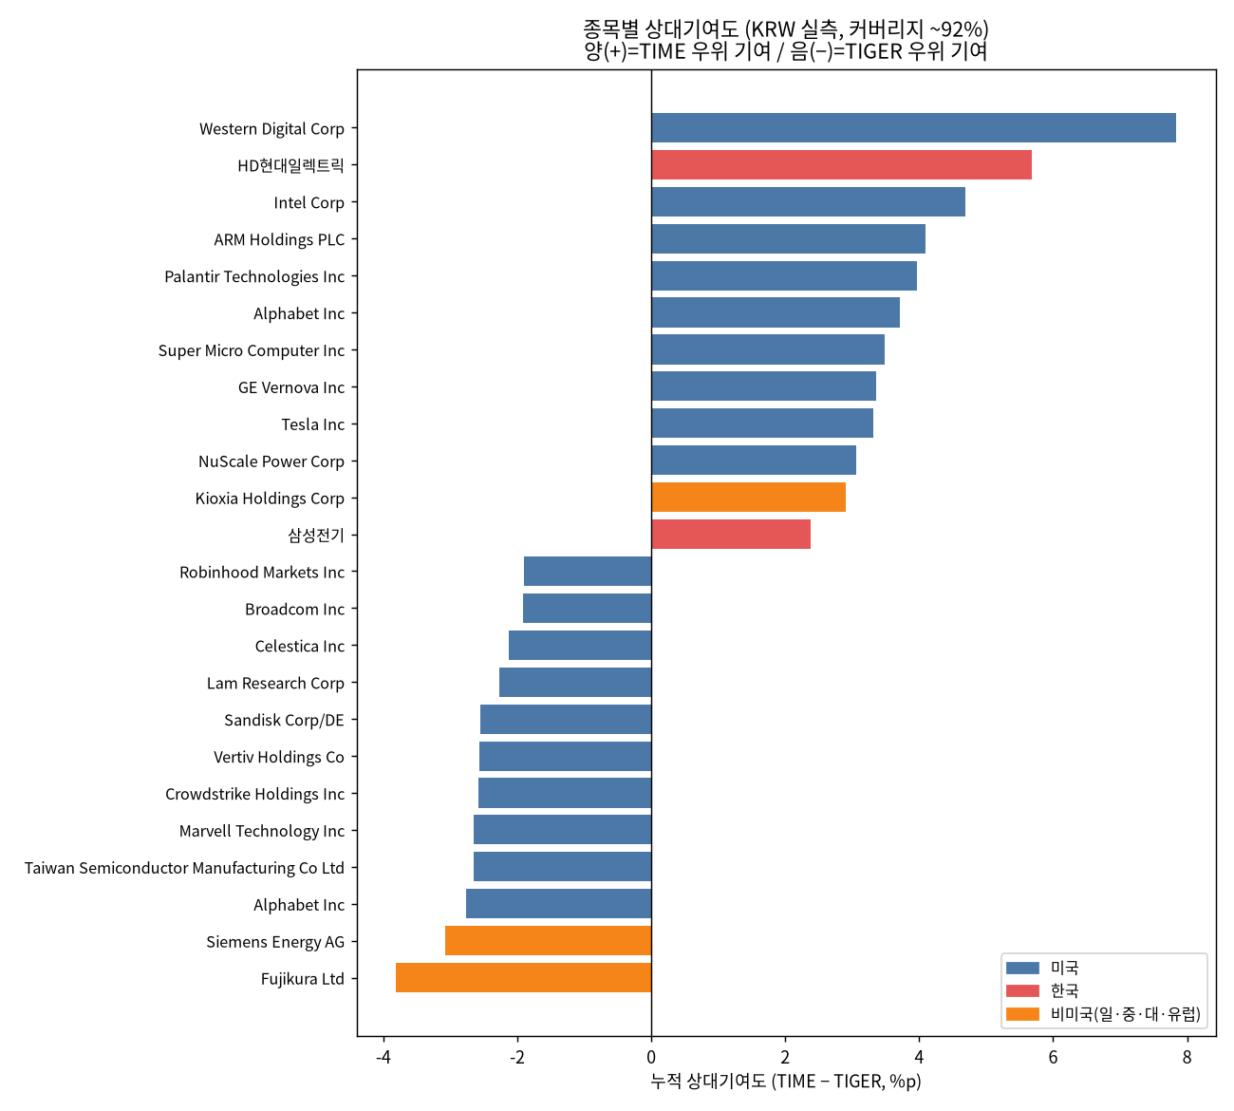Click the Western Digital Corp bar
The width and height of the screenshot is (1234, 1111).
(913, 128)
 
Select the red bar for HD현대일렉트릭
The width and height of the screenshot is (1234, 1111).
(842, 165)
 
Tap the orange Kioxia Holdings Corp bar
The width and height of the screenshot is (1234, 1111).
(749, 498)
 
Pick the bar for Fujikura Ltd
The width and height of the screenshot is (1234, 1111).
(523, 977)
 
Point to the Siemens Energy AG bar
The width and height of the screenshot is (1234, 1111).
(548, 940)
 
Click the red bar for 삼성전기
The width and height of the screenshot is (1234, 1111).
(731, 535)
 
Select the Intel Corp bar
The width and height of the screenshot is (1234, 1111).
(809, 202)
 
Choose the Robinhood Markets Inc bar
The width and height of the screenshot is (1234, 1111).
(588, 572)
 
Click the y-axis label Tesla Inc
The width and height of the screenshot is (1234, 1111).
(312, 424)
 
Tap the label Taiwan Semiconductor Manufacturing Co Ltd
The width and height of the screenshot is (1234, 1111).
(184, 868)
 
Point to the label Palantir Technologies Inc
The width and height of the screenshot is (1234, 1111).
(254, 276)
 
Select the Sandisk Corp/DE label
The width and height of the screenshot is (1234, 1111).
(284, 720)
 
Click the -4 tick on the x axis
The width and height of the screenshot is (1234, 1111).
(383, 1058)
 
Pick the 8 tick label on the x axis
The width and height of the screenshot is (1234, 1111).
(1187, 1058)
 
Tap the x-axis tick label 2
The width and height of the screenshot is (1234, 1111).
(785, 1058)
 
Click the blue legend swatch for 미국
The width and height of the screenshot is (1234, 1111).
(1022, 969)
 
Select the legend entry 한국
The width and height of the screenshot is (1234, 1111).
(1064, 991)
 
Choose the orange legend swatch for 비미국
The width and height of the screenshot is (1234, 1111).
(1022, 1014)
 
